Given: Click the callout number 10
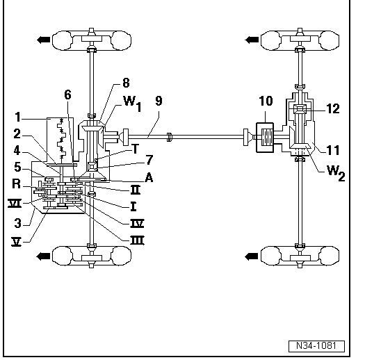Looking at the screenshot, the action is click(x=266, y=101).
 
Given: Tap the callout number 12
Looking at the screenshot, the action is click(x=333, y=108).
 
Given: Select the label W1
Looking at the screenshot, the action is click(x=132, y=104).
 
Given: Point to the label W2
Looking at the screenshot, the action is click(x=336, y=173).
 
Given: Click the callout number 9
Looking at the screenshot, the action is click(x=159, y=101).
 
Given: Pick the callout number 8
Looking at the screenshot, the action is click(x=126, y=83).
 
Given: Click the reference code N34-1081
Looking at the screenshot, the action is click(x=316, y=346).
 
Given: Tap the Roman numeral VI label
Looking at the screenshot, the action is click(x=15, y=204).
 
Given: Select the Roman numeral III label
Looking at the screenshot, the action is click(x=137, y=240).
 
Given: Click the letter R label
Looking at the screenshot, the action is click(x=16, y=184).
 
